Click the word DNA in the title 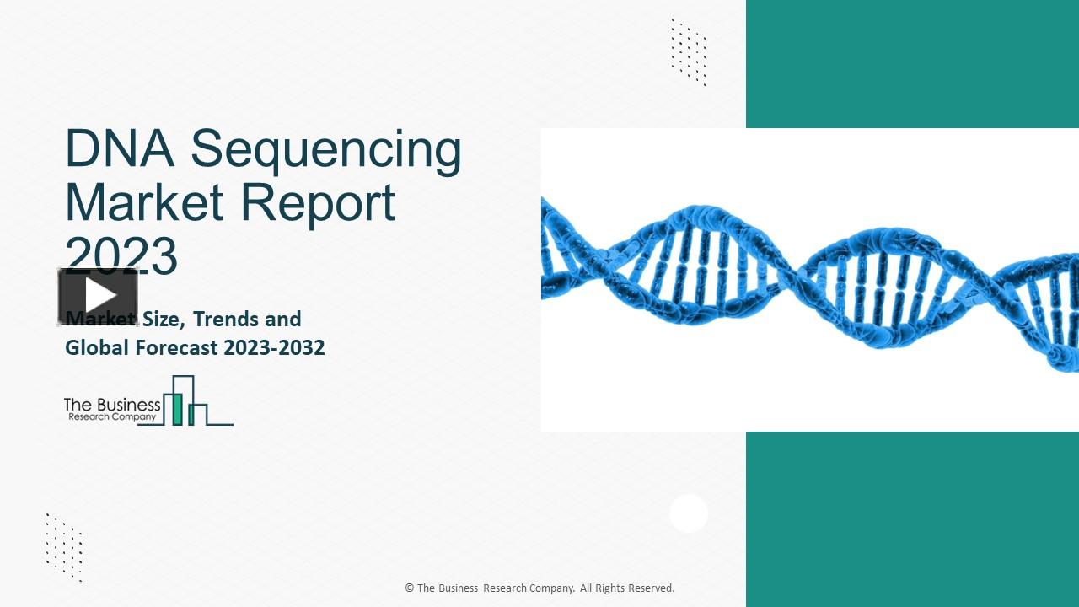pos(119,149)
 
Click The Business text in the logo pos(112,405)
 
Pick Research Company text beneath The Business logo pos(112,417)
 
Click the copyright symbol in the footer pos(410,588)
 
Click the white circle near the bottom pos(689,513)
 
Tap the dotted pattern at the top pos(689,52)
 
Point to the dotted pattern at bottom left pos(64,547)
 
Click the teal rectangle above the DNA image pos(912,63)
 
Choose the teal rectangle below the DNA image pos(912,518)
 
